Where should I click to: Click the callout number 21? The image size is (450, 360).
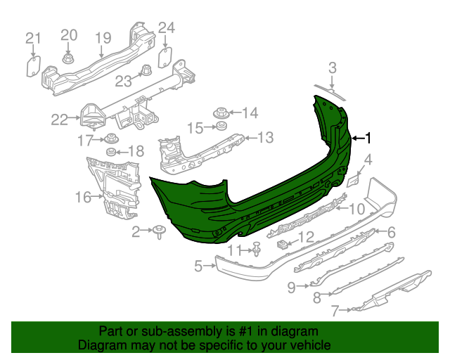33,38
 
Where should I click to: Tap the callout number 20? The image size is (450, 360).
68,34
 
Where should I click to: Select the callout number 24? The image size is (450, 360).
166,28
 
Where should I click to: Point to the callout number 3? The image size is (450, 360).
333,68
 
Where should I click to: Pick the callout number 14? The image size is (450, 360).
250,112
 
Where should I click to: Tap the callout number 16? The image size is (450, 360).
84,198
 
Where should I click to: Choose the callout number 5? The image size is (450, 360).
199,266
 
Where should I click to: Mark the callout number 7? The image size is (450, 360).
335,309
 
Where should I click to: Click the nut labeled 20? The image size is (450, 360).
69,59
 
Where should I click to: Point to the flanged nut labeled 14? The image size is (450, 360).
220,112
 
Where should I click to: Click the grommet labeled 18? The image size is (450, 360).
110,153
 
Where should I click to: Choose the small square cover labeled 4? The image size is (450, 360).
353,180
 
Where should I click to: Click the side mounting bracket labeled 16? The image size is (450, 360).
112,186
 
